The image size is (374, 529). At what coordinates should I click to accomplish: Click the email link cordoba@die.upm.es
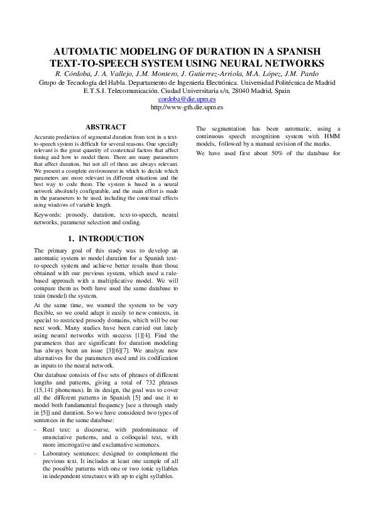tap(187, 99)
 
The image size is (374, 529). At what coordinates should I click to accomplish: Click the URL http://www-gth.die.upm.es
tap(187, 107)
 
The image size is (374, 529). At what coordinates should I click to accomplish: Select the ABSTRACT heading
tap(106, 127)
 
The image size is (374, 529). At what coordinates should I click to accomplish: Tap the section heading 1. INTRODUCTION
tap(106, 239)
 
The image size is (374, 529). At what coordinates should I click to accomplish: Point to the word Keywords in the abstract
tap(48, 215)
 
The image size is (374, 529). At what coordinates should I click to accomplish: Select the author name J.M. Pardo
tap(301, 74)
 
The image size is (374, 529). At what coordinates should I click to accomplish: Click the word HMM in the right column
tap(333, 136)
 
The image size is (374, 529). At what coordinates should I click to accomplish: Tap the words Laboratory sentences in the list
tap(69, 453)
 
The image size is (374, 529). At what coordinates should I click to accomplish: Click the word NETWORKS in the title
tap(289, 63)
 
